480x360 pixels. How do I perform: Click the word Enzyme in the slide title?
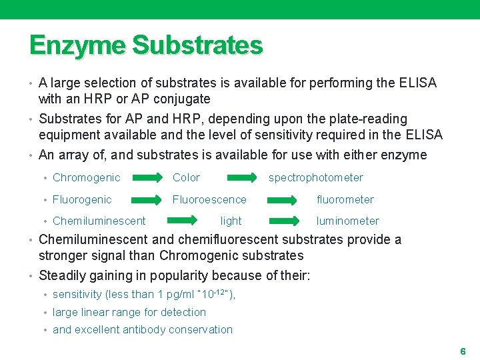77,45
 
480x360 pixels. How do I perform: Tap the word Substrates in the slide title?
197,45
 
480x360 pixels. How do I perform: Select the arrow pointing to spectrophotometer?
242,177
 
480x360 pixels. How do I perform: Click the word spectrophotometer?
315,177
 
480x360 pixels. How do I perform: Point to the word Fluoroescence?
209,199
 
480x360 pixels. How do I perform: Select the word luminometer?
347,221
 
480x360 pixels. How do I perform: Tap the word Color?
186,177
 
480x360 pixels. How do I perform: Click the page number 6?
463,351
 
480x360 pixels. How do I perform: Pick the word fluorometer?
345,199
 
